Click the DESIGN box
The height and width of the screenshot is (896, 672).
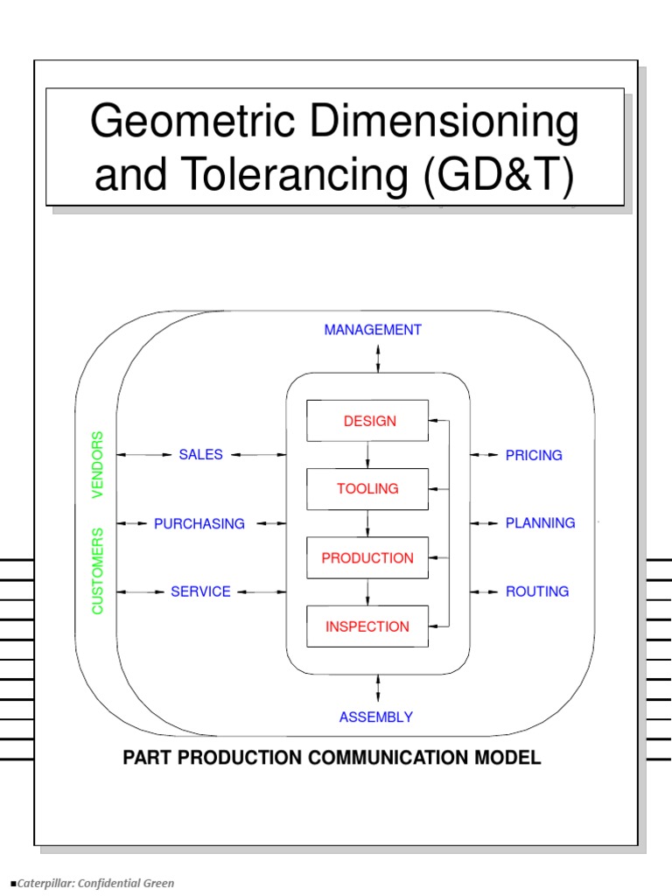367,421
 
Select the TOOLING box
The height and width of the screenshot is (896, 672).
367,489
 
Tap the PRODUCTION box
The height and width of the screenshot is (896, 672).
367,557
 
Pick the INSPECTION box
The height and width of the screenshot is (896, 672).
367,626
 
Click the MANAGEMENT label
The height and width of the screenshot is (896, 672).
373,330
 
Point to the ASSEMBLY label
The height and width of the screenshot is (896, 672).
376,717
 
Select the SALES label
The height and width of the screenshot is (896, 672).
201,455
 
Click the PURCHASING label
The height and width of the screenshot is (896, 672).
199,524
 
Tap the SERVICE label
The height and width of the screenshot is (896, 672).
201,592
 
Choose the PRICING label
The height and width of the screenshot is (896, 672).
534,456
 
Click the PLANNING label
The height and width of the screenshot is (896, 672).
540,523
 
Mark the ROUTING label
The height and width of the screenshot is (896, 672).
537,591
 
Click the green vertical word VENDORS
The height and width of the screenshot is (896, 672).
97,465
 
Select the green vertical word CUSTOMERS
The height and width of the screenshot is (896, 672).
97,570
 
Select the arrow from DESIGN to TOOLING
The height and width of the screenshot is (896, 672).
367,454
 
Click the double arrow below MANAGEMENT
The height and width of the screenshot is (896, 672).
378,358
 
